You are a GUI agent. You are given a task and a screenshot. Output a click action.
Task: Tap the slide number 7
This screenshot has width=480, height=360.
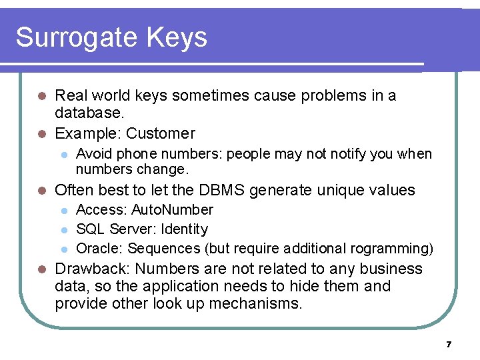coord(449,345)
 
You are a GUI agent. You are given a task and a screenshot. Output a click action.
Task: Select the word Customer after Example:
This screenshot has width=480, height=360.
coord(161,133)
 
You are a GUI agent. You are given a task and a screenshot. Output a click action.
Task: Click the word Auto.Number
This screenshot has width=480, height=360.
coord(172,210)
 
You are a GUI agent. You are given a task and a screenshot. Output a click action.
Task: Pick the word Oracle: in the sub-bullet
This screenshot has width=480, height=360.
coord(99,249)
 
